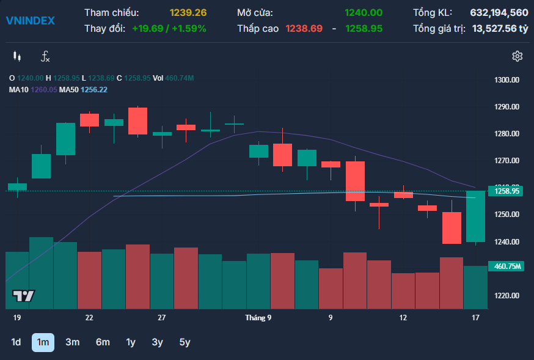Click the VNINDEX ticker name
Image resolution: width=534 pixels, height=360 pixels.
coord(31,21)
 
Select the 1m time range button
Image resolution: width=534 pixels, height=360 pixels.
coord(43,342)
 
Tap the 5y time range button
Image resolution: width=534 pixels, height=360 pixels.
coord(185,342)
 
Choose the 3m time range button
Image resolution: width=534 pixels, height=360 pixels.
coord(73,342)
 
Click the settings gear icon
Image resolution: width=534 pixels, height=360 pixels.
coord(518,56)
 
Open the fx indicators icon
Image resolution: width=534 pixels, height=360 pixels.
coord(45,57)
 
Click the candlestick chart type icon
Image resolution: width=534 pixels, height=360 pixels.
coord(17,56)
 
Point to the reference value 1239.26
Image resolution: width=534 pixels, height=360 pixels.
coord(188,13)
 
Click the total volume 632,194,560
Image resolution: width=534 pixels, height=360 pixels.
coord(499,13)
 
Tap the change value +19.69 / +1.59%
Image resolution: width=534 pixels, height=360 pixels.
coord(169,28)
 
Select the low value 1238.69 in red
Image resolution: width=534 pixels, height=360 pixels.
coord(304,28)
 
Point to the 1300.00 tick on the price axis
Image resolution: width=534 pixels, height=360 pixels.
coord(507,80)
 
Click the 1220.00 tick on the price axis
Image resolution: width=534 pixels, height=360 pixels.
coord(507,296)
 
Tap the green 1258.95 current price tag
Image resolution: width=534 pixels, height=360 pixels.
coord(505,191)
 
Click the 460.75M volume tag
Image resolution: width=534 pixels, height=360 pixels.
coord(506,266)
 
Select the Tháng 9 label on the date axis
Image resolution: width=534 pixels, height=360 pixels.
coord(258,318)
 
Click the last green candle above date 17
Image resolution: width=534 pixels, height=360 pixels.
coord(475,216)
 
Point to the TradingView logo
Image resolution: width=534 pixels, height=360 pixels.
coord(23,296)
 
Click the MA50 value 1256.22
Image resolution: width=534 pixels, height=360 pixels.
coord(94,90)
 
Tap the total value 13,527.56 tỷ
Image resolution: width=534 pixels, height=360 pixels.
coord(500,29)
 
